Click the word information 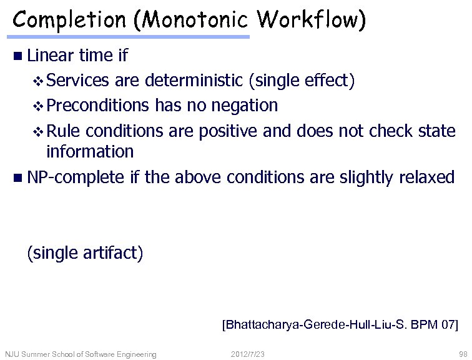(x=90, y=152)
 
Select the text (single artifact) (x=85, y=253)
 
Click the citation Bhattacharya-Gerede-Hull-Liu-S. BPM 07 (x=340, y=325)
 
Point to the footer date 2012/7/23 (x=248, y=354)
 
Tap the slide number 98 (x=463, y=354)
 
